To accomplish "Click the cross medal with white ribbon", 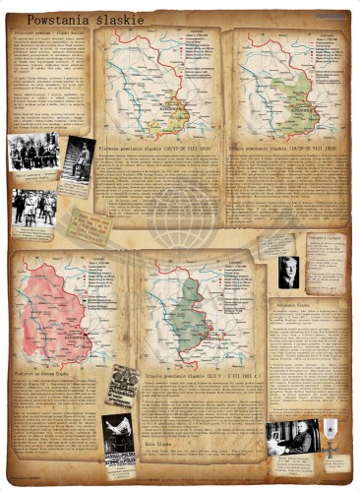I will [331, 433].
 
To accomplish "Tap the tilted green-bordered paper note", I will [89, 225].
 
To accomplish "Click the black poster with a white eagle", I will [118, 433].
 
